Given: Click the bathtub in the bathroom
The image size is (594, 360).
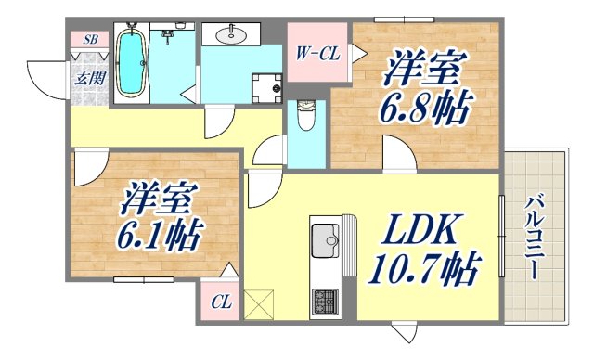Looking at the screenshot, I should tap(130, 63).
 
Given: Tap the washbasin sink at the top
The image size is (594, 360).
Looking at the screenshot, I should tap(231, 35).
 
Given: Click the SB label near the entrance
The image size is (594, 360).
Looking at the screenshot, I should tap(90, 39).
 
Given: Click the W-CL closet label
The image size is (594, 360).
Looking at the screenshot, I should tap(316, 54).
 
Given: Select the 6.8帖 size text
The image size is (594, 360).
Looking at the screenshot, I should tap(423, 107).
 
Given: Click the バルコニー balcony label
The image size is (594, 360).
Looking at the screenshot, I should tap(535, 238).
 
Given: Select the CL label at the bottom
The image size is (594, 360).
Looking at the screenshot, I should tap(220, 302).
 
